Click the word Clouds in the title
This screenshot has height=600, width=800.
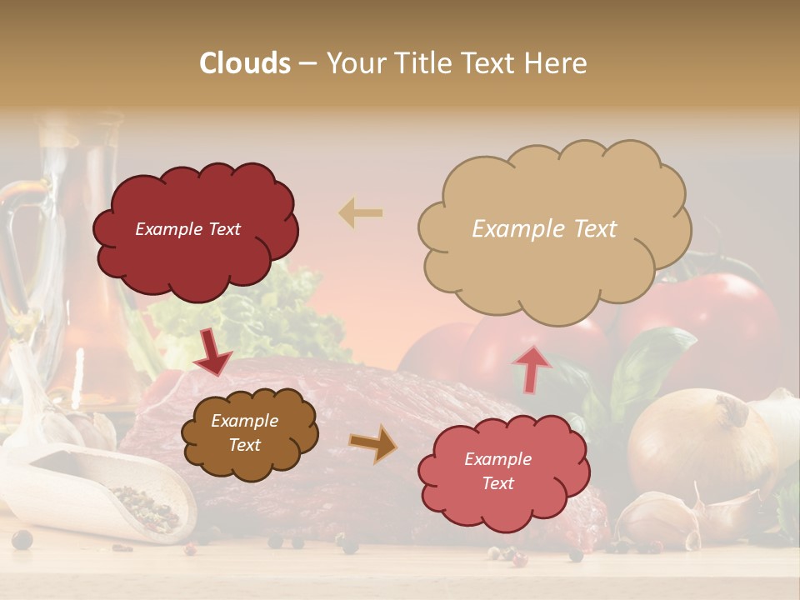pos(245,63)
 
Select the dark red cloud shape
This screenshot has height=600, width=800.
pos(196,229)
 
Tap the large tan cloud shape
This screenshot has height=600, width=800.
pos(550,229)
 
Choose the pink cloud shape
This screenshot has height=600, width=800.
pos(498,472)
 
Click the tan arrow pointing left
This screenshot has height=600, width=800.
pos(361,213)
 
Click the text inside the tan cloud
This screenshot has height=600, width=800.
pos(544,229)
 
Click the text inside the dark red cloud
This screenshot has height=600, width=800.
pos(187,229)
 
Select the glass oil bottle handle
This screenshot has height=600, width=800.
pos(18,250)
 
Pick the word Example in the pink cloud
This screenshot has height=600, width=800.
pos(497,459)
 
